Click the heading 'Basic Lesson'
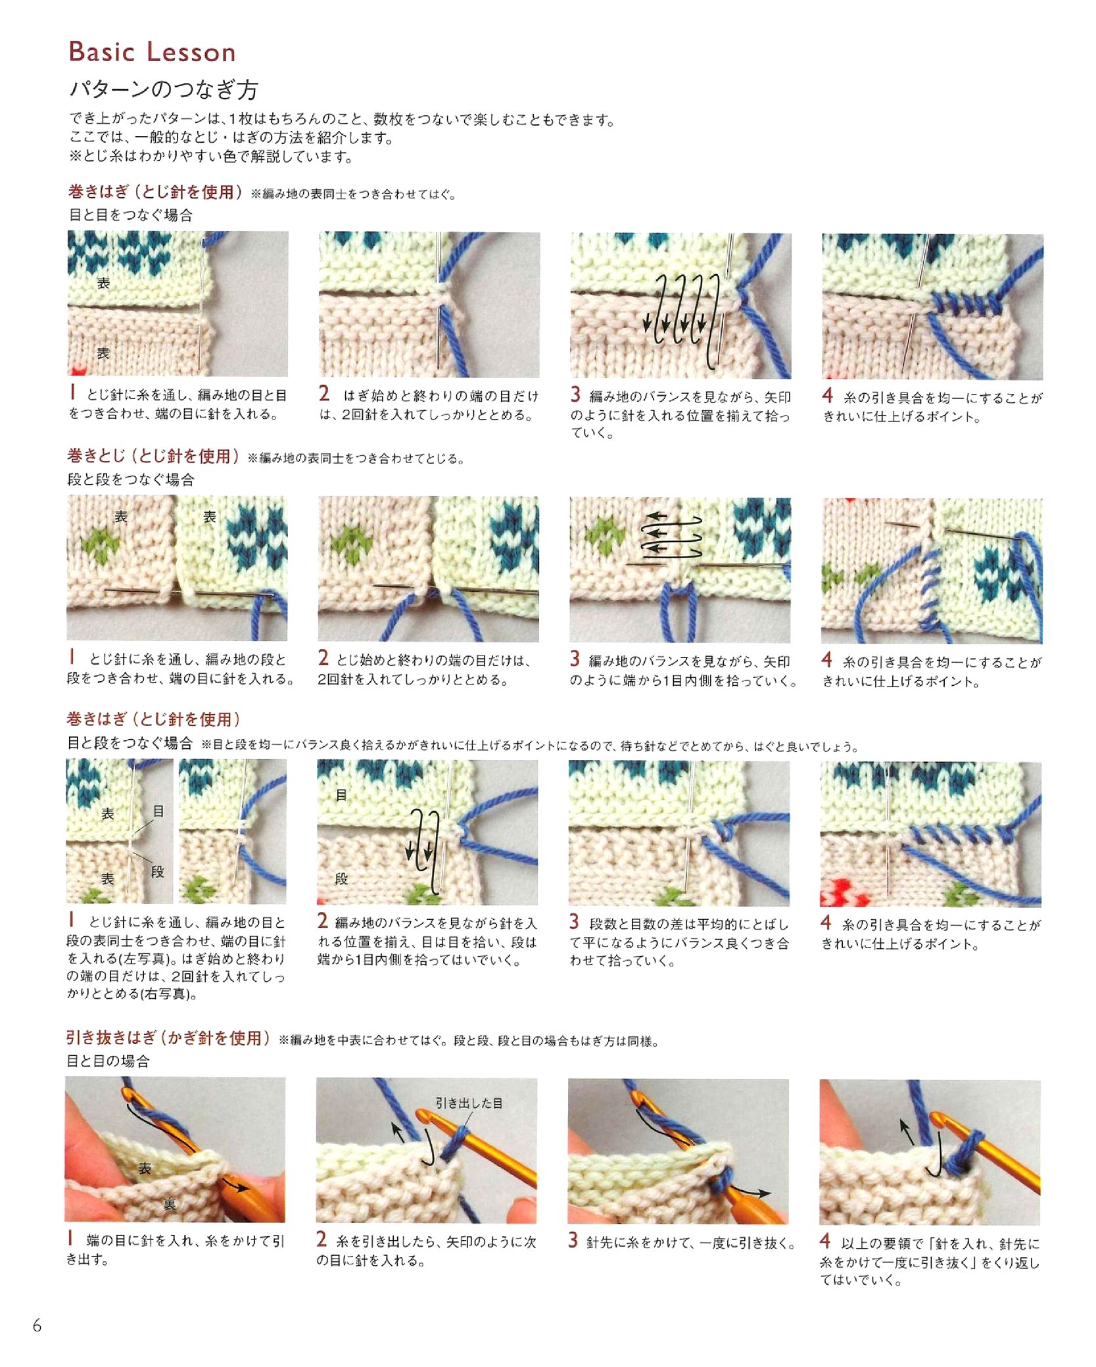(x=152, y=52)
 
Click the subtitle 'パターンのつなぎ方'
(x=164, y=89)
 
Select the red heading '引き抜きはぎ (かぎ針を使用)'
(x=168, y=1038)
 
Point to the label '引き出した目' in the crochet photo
(x=469, y=1103)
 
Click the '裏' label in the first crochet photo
(x=169, y=1204)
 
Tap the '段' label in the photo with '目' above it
(x=341, y=878)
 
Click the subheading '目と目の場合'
(x=108, y=1061)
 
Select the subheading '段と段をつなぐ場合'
(x=131, y=480)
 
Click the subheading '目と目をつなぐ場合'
(x=131, y=215)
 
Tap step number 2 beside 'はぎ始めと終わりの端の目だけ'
(x=324, y=393)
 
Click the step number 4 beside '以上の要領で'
(x=825, y=1241)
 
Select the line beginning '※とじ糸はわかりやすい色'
(x=212, y=156)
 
